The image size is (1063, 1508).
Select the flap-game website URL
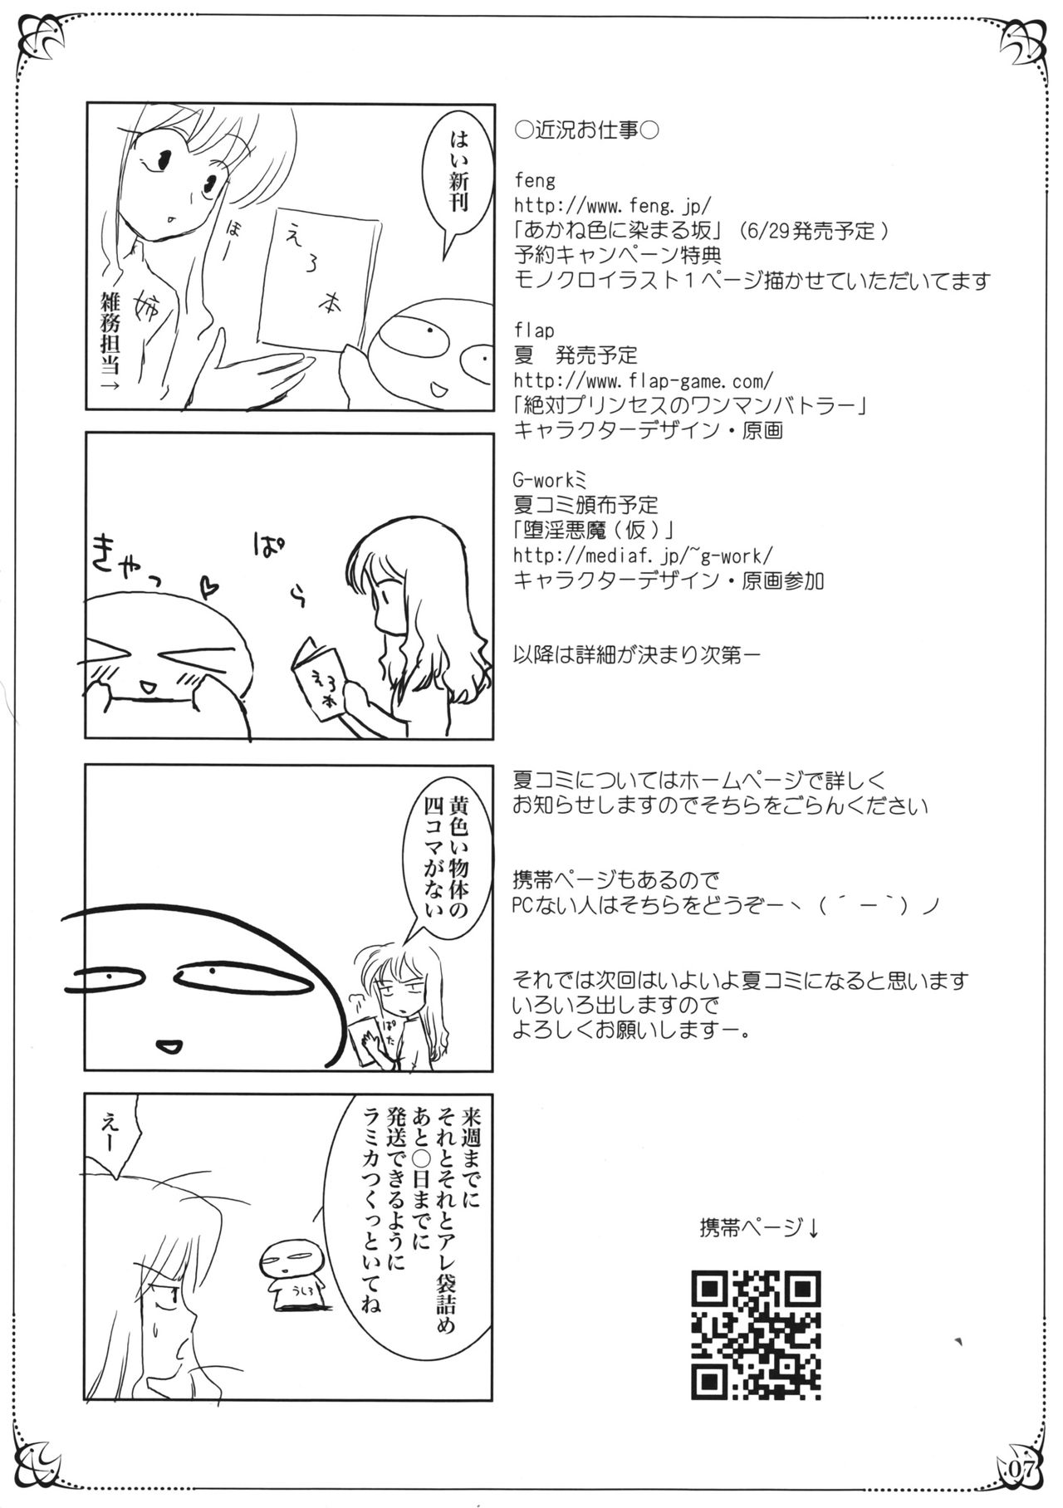(x=644, y=379)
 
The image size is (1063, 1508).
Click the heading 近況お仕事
(x=586, y=130)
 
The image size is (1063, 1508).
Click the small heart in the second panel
(x=210, y=590)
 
